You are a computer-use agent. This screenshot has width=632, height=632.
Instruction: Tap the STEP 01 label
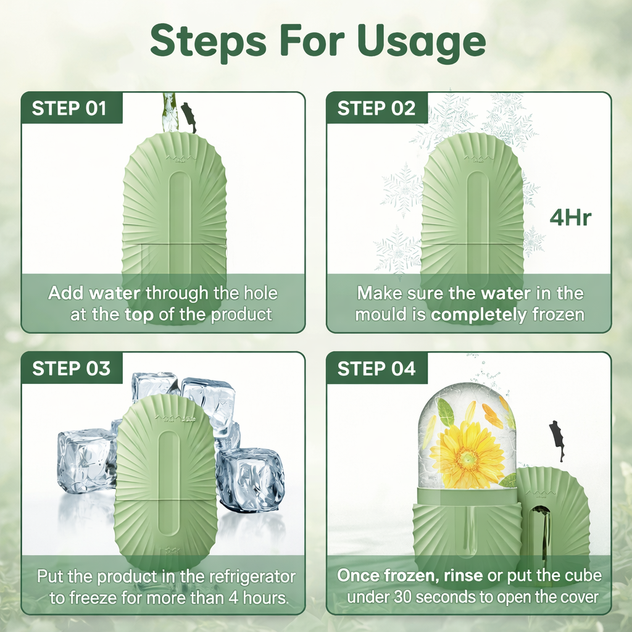pos(69,109)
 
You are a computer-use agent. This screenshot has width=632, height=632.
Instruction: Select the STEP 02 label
pos(376,109)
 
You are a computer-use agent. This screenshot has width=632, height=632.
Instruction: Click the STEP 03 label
pos(71,368)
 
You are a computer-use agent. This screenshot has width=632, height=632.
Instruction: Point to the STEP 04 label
pos(376,368)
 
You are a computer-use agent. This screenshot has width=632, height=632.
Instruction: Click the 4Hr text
pos(570,218)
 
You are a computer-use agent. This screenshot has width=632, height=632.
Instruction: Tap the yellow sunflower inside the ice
pos(468,454)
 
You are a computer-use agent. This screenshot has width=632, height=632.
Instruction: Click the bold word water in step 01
pos(115,293)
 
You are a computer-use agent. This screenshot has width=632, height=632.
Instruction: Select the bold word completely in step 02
pos(479,315)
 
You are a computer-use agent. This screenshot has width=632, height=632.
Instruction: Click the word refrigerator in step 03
pos(246,577)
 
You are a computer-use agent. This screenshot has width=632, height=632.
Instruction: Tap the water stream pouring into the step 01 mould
pos(169,112)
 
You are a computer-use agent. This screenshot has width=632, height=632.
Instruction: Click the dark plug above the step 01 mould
pos(189,117)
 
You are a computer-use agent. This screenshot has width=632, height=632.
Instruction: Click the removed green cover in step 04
pos(552,520)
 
